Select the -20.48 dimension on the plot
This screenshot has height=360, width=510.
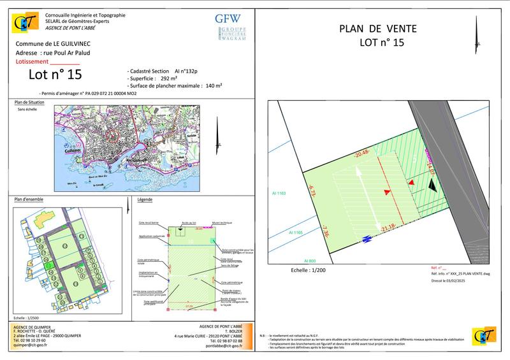tap(362, 152)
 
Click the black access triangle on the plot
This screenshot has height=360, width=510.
tap(432, 185)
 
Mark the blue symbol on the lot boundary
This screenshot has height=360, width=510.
tap(367, 240)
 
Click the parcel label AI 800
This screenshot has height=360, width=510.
tap(309, 261)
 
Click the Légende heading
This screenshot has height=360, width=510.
tap(145, 200)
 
